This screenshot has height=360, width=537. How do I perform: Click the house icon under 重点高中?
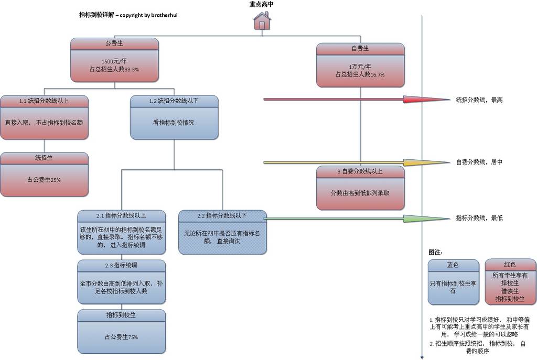click(262, 21)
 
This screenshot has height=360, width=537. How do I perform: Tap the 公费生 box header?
click(114, 44)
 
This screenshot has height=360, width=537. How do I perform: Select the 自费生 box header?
click(360, 49)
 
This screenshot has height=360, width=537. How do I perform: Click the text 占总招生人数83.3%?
click(114, 69)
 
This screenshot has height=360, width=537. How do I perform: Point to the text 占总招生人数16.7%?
click(360, 74)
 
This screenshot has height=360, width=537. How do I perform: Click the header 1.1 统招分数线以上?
click(44, 101)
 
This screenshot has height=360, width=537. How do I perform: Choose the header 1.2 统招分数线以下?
click(174, 101)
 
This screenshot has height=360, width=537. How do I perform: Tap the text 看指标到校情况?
click(174, 123)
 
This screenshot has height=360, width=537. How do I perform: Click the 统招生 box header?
click(44, 157)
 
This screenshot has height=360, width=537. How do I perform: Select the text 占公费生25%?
click(44, 180)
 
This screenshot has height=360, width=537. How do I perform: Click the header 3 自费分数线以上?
click(360, 171)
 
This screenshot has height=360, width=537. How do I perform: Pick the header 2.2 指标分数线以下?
click(222, 215)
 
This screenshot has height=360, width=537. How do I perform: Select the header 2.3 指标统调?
click(121, 265)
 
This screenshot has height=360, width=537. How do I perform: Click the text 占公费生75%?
click(121, 337)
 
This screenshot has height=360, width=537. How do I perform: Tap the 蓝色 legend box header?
click(453, 265)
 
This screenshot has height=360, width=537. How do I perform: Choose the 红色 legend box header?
click(510, 265)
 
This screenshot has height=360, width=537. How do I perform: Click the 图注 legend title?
click(436, 252)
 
